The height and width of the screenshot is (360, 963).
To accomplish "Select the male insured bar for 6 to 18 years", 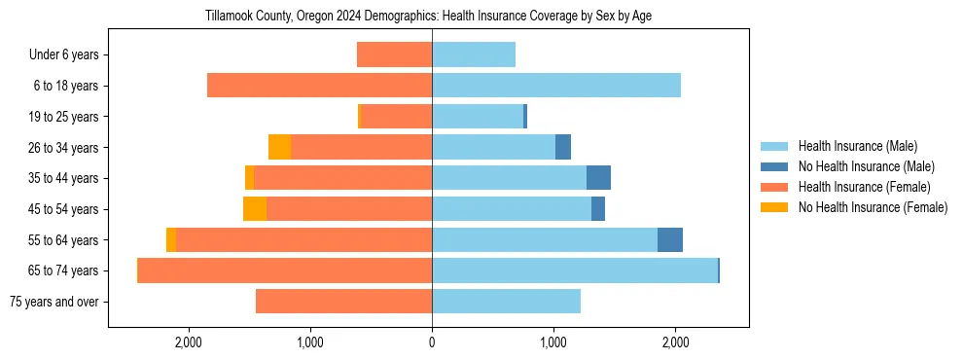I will [x=556, y=86].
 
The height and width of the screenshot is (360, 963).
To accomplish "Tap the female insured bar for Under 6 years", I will [x=394, y=54].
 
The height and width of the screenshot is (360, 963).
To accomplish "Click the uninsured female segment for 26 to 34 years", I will [x=279, y=147].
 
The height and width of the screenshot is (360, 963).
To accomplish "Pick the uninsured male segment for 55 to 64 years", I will [x=670, y=240].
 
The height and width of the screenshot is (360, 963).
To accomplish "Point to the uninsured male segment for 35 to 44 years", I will [x=598, y=178].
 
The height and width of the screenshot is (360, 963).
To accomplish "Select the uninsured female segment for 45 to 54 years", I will [x=255, y=209].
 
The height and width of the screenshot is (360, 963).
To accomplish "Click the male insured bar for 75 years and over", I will [x=506, y=302].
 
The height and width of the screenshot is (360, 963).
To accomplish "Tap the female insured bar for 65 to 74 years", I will [x=285, y=270].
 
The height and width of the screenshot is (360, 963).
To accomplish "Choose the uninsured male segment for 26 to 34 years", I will [x=563, y=147].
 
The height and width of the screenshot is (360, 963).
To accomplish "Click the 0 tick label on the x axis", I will [x=432, y=342].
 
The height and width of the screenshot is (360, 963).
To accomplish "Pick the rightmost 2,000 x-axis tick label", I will [x=676, y=342].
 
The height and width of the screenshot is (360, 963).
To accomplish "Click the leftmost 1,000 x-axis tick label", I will [x=310, y=342].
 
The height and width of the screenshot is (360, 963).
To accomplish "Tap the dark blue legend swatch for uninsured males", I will [x=774, y=166].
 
